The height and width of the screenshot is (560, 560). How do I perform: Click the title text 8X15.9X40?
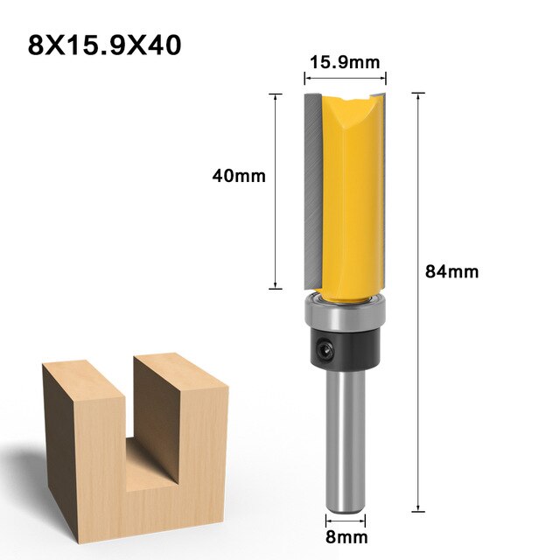tap(104, 44)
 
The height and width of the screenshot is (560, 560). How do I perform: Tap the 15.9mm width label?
tap(344, 61)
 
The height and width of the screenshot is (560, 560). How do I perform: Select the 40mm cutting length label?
tap(238, 176)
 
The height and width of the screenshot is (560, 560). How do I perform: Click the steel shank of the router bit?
tap(346, 437)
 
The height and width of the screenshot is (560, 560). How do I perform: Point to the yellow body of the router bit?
tap(354, 201)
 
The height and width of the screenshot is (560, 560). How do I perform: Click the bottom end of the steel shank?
tap(346, 506)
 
